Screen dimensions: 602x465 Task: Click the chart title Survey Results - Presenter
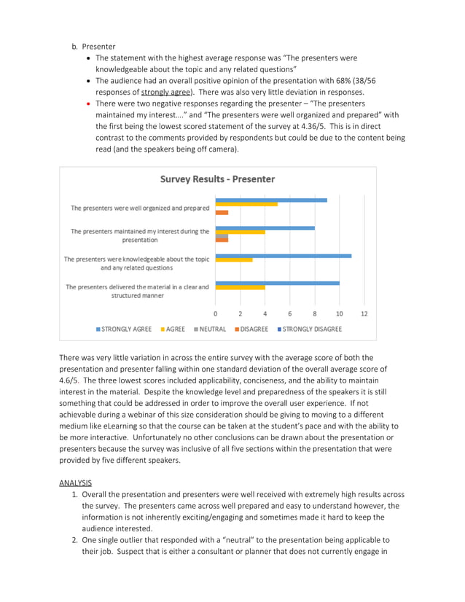(x=217, y=179)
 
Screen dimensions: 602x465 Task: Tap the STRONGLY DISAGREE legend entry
(x=308, y=329)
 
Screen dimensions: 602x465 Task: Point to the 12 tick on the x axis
(x=364, y=314)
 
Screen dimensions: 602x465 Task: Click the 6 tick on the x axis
(x=289, y=314)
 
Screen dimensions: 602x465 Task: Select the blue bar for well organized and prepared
(x=271, y=200)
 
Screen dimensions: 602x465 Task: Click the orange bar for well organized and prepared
(x=222, y=212)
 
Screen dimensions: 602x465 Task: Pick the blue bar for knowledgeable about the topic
(x=284, y=256)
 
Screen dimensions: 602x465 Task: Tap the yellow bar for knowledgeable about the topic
(x=234, y=259)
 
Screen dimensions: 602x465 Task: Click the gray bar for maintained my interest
(x=222, y=236)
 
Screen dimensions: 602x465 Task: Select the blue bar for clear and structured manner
(x=277, y=283)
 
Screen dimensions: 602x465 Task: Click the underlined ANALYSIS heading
(x=75, y=482)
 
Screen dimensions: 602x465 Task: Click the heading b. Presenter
(x=93, y=47)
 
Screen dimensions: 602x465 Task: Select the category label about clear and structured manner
(x=137, y=292)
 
